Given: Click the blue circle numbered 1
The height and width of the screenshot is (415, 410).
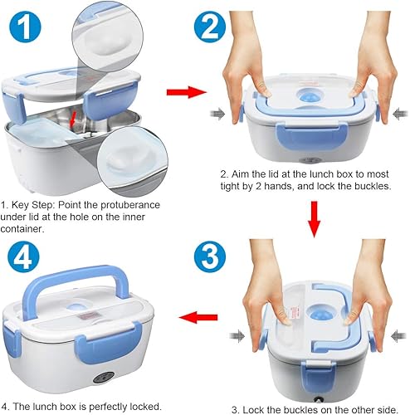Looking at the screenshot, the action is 25,27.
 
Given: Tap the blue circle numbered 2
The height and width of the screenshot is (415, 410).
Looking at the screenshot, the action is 210,27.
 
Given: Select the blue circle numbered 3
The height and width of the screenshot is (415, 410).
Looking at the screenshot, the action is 210,256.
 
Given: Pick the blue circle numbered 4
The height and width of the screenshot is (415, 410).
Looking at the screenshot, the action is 23,256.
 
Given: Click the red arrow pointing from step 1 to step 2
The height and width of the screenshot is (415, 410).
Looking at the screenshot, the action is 187,92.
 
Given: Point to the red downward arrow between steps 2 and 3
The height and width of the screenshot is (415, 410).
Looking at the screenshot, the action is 314,219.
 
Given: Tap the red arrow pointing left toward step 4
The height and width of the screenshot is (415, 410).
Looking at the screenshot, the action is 198,317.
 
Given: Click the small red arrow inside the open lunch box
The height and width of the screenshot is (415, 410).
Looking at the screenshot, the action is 73,120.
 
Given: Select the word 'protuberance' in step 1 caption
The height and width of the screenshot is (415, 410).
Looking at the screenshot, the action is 130,205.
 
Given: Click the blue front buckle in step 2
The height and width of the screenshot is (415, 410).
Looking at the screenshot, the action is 311,136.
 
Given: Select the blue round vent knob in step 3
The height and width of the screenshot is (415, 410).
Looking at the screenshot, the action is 320,314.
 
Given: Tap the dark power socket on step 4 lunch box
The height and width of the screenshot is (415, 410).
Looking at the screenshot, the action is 104,377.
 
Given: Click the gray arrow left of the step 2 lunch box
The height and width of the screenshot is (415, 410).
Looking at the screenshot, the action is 218,114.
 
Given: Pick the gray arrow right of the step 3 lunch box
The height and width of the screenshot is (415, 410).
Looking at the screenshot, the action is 399,335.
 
